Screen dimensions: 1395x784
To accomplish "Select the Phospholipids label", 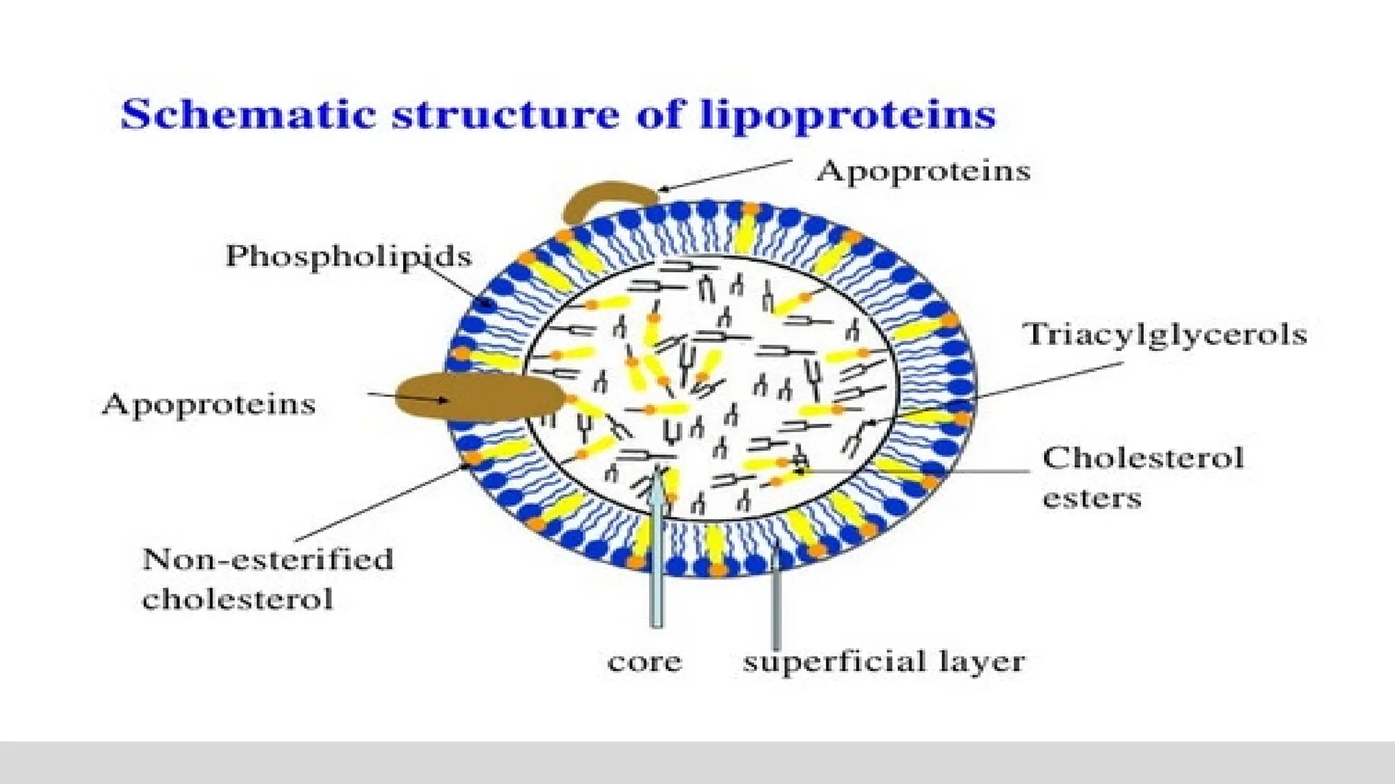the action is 348,257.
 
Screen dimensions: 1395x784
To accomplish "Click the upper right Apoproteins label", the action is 923,171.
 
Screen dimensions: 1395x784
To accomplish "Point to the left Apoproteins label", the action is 208,404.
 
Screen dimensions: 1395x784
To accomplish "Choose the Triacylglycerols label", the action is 1164,334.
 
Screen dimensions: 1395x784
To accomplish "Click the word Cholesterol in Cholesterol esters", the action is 1142,458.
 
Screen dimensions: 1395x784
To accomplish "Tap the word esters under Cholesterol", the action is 1091,499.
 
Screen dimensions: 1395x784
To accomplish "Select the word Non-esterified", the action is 268,559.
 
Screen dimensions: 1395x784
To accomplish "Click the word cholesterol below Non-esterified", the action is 237,600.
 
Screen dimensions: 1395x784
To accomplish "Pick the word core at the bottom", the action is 644,661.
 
